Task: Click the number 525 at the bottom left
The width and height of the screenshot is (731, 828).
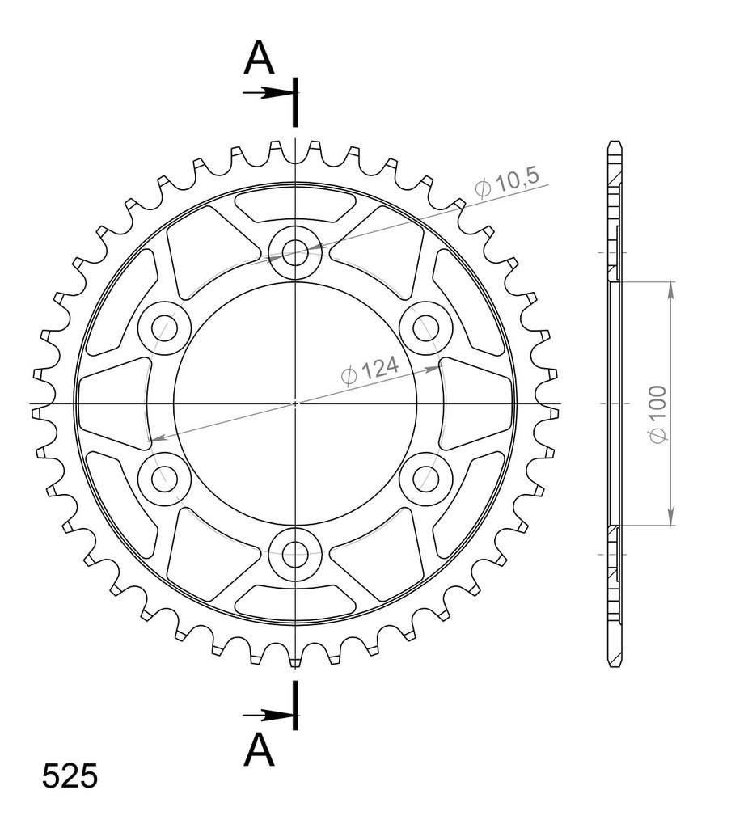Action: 70,776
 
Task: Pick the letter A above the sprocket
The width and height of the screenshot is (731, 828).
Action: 259,58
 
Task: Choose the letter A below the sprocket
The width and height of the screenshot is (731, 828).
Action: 259,750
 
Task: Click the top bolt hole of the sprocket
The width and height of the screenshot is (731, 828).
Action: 295,252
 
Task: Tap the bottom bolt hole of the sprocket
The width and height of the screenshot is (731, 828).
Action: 295,554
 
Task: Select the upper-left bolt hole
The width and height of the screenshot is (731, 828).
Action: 164,328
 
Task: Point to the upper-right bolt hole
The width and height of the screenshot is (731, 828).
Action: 425,328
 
